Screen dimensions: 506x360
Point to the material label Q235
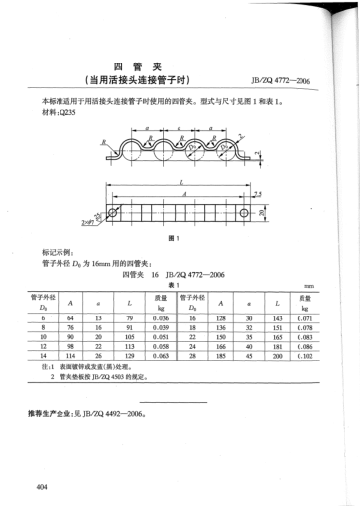pos(67,113)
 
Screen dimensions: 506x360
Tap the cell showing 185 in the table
pos(219,354)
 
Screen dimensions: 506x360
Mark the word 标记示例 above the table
pos(59,254)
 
